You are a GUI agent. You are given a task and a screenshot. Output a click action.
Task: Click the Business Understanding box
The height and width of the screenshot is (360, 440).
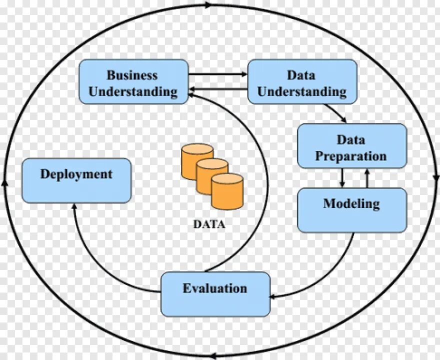[133, 82]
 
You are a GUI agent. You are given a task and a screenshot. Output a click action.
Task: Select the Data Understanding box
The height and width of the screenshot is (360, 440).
[302, 82]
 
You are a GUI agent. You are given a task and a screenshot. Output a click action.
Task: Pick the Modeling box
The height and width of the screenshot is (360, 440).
[351, 210]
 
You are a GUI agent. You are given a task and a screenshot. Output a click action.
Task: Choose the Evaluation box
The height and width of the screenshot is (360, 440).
[215, 294]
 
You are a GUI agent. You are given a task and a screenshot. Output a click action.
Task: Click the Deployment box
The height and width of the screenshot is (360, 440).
[76, 180]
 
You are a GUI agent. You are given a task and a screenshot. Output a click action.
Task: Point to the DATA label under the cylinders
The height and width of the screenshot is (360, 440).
[209, 224]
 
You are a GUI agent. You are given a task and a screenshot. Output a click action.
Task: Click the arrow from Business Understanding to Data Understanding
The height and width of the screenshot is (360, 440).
[218, 74]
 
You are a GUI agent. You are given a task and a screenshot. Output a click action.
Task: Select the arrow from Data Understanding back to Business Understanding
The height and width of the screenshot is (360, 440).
[218, 90]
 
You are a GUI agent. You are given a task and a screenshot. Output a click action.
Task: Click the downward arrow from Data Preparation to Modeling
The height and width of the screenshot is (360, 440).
[342, 178]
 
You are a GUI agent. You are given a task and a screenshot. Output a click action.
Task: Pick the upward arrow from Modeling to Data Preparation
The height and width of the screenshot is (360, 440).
[367, 178]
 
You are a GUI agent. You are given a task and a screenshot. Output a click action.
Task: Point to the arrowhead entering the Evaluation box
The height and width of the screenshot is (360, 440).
[274, 296]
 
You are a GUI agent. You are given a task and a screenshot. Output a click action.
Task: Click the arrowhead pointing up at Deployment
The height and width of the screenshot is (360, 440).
[74, 207]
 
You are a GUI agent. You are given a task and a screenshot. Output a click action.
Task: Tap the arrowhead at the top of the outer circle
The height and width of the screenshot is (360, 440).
[207, 5]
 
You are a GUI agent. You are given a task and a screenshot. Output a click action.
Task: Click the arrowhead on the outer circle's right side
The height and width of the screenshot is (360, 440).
[436, 177]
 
